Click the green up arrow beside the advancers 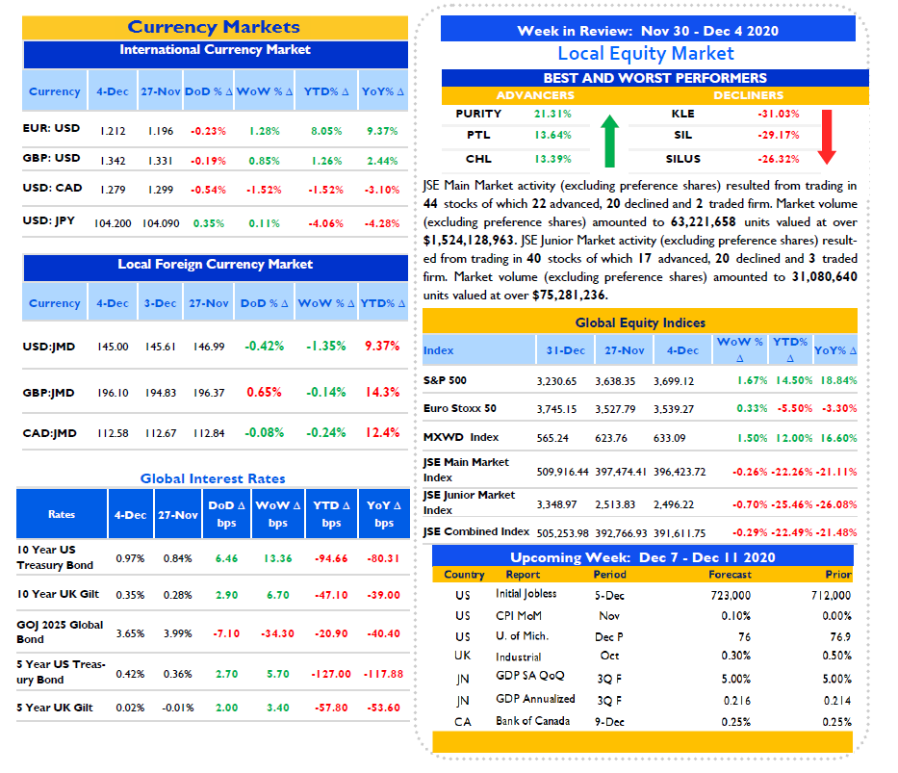coord(610,142)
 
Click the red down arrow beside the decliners coord(827,137)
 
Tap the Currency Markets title coord(214,27)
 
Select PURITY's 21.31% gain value coord(552,114)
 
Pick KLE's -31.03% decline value coord(779,114)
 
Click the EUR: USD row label coord(51,128)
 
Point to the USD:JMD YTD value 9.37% coord(382,346)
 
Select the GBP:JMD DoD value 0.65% coord(264,392)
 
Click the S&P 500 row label coord(445,380)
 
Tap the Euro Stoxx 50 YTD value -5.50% coord(794,408)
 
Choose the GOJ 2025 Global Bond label coord(60,632)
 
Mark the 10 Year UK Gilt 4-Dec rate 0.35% coord(130,596)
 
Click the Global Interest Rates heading coord(213,478)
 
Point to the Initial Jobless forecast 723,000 coord(731,596)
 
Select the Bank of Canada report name coord(532,721)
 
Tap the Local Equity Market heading coord(646,54)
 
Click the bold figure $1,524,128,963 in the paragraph coord(469,241)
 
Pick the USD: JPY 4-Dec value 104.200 coord(113,223)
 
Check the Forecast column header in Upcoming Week coord(730,575)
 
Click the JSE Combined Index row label coord(476,532)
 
